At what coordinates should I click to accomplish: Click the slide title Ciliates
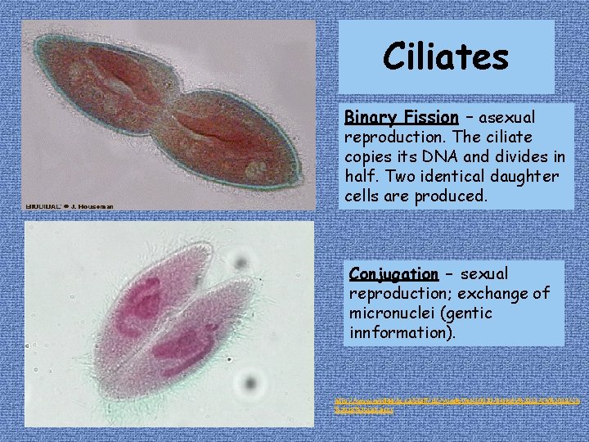[446, 57]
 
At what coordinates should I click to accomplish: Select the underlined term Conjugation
[393, 273]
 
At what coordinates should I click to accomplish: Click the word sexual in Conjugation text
[484, 273]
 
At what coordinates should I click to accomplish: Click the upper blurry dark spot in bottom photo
[240, 262]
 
